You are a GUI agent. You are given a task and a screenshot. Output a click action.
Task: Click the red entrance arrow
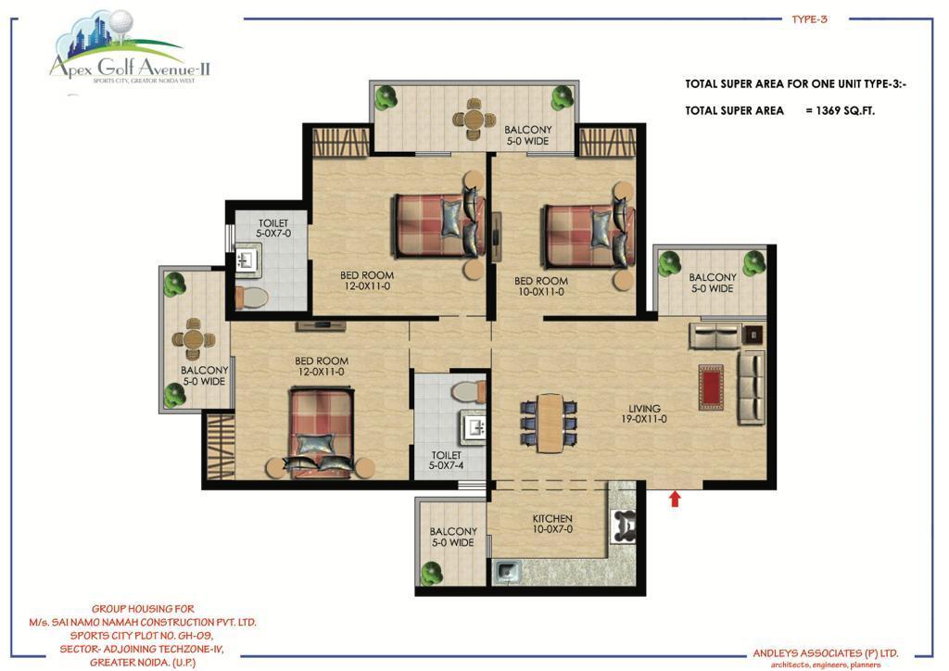[675, 499]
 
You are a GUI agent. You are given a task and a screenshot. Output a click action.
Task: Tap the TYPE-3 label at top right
[809, 19]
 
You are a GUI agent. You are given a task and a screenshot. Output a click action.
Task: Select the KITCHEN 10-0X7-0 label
[552, 524]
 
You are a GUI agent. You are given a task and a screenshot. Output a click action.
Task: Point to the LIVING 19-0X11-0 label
[644, 414]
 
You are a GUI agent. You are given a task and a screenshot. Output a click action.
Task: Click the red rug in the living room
[711, 387]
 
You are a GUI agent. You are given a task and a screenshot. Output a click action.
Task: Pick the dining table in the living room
[549, 423]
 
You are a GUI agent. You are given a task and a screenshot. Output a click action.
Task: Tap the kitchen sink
[507, 572]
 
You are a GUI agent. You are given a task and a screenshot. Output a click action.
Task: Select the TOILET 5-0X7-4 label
[446, 461]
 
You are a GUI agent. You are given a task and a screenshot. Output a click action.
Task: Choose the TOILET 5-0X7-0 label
[273, 228]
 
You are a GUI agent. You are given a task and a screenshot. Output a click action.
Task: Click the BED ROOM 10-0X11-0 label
[541, 286]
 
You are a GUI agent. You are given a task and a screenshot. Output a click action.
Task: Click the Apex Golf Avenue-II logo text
[130, 66]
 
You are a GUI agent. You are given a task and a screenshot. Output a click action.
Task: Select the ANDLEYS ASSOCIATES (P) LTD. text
[826, 653]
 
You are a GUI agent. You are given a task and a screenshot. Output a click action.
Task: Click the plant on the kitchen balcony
[431, 572]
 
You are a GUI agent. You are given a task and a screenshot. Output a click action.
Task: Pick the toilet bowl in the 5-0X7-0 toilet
[251, 298]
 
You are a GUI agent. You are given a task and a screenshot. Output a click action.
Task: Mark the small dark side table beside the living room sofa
[753, 335]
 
